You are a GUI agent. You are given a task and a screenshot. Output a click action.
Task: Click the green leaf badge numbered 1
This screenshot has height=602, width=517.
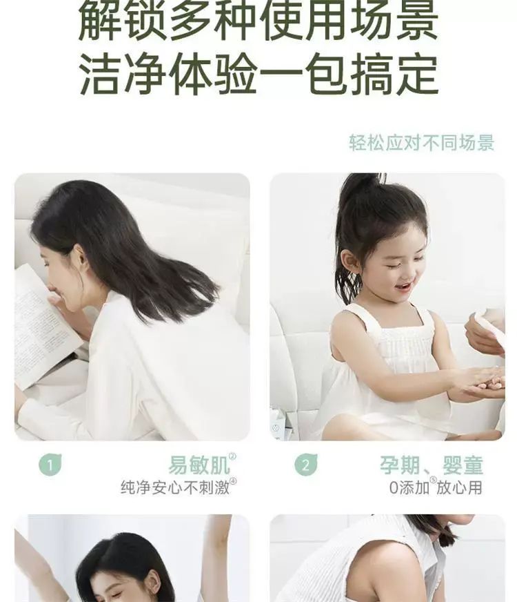(x=50, y=465)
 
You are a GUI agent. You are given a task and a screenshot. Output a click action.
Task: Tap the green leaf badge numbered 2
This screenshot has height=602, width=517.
(x=306, y=465)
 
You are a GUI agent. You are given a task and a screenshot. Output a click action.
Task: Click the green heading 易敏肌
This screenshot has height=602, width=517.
(x=199, y=465)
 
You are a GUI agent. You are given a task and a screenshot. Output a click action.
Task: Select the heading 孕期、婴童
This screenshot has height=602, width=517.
(x=432, y=465)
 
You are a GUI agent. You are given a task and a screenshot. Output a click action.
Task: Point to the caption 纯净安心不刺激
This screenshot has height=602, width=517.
(x=176, y=487)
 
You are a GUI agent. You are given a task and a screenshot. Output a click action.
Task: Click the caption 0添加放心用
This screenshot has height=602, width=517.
(x=436, y=487)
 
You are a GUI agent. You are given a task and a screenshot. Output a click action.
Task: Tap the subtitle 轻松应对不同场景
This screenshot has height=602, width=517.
(x=422, y=143)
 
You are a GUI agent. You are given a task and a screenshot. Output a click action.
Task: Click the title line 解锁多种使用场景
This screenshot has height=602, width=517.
(x=258, y=21)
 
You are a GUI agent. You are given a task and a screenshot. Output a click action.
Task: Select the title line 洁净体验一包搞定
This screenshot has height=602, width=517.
(x=258, y=75)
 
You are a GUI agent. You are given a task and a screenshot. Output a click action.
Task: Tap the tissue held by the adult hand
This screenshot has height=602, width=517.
(x=490, y=327)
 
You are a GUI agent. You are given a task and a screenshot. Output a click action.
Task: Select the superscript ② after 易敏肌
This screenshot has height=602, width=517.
(x=232, y=457)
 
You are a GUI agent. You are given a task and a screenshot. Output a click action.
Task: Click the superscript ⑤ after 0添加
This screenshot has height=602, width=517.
(x=433, y=480)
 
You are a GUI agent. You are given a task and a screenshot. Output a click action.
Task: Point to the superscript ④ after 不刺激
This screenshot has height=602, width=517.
(x=233, y=481)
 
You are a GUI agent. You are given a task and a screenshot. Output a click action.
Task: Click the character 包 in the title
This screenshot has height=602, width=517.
(x=327, y=75)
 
